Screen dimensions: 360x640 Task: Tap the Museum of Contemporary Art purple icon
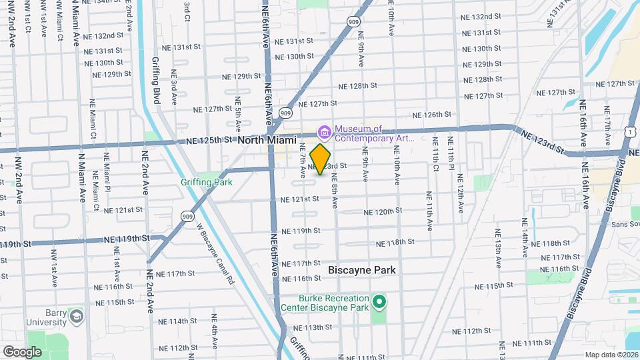[x=325, y=130]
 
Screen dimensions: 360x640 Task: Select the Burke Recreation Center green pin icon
[x=379, y=303]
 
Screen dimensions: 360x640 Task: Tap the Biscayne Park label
[x=362, y=270]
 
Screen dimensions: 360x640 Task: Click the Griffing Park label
[x=206, y=181]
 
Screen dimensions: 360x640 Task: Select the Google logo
[x=22, y=351]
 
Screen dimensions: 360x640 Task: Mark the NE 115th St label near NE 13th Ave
[x=495, y=285]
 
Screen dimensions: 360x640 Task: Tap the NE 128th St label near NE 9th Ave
[x=358, y=86]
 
